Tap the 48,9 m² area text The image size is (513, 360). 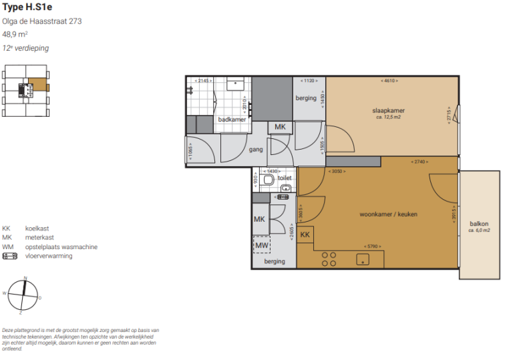(15, 34)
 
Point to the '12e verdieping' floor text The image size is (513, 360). (25, 48)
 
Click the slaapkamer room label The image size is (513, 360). (388, 110)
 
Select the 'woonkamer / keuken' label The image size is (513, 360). (388, 214)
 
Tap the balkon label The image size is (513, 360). (479, 224)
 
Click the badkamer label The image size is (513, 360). (232, 119)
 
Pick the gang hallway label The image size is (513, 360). (256, 150)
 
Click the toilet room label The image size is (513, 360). (285, 178)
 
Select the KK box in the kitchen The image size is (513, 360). (305, 235)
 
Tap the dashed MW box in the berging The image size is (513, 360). (261, 245)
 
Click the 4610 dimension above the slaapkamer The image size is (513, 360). (389, 81)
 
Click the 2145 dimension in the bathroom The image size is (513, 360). (202, 81)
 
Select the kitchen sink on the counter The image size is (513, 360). (364, 259)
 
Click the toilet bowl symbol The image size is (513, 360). (269, 180)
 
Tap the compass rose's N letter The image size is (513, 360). (25, 277)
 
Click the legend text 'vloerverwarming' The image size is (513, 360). (49, 256)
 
